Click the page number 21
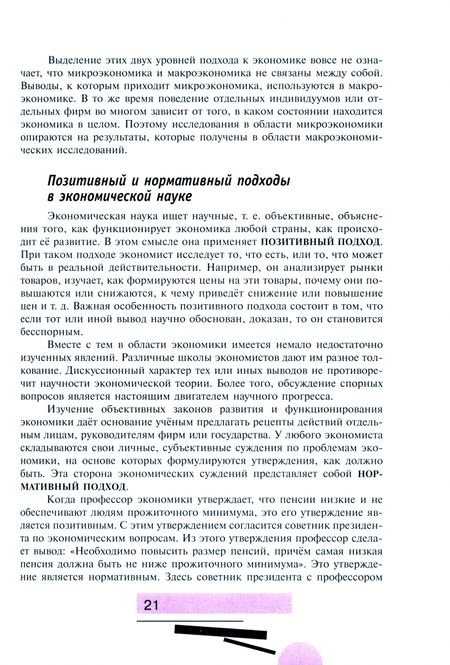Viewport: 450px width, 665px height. click(152, 605)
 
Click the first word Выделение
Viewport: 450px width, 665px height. click(88, 48)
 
